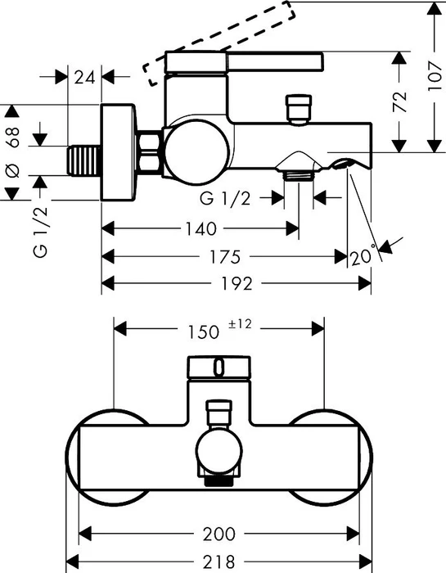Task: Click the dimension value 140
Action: coord(200,229)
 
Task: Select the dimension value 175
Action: coord(225,257)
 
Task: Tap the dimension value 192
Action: coord(237,283)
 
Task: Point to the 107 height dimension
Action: coord(435,76)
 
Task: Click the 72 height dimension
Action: coord(399,102)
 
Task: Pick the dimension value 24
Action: coord(84,77)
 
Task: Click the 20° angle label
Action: coord(363,256)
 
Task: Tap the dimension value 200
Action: coord(219,534)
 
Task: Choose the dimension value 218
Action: coord(218,561)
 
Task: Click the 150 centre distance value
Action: coord(203,332)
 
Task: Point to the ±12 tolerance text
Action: coord(240,324)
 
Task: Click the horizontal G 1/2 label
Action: coord(225,198)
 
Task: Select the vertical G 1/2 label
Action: coord(40,232)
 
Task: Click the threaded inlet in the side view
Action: coord(84,160)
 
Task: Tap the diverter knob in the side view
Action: coord(299,109)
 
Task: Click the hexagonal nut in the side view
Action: coord(149,151)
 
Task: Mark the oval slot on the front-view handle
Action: coord(218,368)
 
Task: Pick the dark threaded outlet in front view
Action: coord(218,481)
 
